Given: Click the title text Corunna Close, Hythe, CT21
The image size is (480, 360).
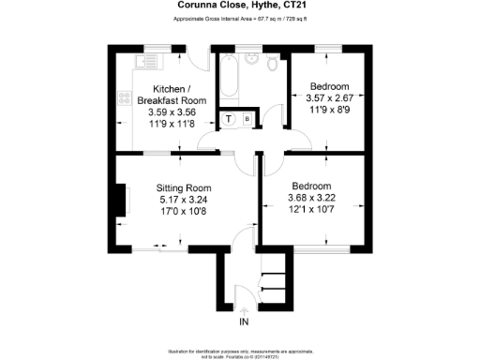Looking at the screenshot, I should pos(239,5).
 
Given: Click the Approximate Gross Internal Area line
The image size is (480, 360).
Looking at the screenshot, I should pos(239,18).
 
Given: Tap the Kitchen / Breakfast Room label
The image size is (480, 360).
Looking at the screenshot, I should pos(171,95).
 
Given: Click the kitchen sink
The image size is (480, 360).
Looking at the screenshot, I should pos(148,62).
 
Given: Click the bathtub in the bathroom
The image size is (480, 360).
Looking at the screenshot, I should pos(228,85).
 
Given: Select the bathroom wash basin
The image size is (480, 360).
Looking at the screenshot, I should pos(250,61).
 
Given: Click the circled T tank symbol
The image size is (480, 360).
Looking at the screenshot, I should pos(229,119).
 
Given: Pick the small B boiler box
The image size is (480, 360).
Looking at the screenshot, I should pos(247,119).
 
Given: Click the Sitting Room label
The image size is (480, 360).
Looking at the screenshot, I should pos(182,187).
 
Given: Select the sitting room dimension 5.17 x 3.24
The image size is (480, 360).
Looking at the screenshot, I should pos(182,199).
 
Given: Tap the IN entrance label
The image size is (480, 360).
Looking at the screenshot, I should pos(244,322).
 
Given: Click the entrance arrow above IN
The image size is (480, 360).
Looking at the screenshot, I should pos(244,308).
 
